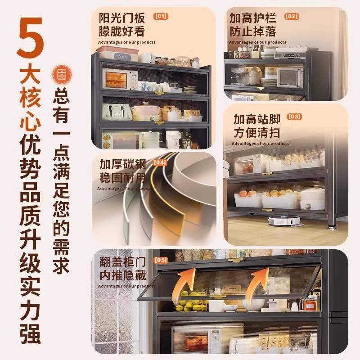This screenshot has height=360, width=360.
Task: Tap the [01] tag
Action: [161, 16]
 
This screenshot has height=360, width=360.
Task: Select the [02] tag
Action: [292, 16]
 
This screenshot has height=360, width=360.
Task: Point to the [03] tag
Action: [294, 117]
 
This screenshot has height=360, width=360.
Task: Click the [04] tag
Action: [161, 162]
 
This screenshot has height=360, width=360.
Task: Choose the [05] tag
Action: [161, 260]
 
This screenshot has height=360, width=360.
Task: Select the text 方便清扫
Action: [256, 133]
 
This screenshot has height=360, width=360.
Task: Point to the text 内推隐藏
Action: [122, 274]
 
